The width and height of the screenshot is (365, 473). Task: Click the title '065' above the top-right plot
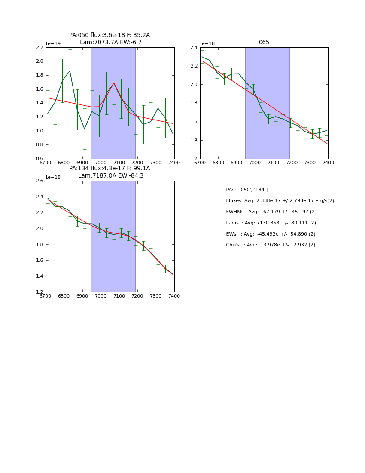(x=264, y=43)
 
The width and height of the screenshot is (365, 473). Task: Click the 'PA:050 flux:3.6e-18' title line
(x=109, y=35)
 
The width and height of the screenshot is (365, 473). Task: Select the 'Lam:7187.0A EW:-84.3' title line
(x=111, y=176)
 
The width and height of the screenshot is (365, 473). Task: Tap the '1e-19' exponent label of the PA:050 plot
(x=53, y=43)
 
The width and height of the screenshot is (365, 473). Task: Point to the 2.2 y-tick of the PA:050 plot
(x=40, y=48)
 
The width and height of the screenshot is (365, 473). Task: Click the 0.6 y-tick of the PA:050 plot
(x=40, y=159)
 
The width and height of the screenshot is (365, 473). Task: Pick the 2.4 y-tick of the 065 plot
(x=194, y=48)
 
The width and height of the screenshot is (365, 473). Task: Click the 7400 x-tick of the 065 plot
(x=328, y=163)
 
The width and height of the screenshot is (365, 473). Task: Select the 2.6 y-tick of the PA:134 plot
(x=40, y=181)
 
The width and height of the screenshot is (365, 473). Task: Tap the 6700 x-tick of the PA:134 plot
(x=46, y=296)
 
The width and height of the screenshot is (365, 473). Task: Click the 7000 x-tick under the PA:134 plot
(x=101, y=296)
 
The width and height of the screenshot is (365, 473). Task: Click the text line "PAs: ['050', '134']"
(x=246, y=190)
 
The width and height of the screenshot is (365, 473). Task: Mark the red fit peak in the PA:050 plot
(x=114, y=83)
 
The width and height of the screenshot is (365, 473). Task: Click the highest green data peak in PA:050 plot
(x=70, y=71)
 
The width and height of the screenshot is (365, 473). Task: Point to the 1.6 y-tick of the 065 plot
(x=194, y=122)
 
